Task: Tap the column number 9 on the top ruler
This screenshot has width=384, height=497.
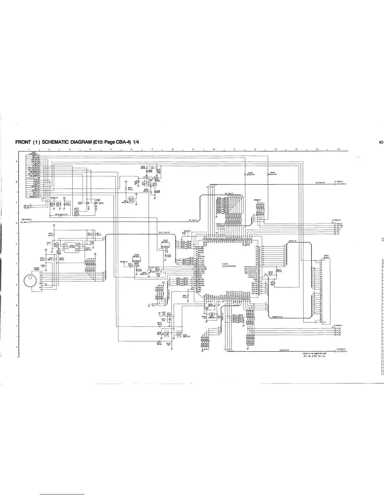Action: click(193, 149)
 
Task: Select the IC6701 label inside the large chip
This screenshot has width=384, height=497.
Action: click(225, 264)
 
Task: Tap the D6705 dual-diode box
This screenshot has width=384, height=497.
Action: click(179, 333)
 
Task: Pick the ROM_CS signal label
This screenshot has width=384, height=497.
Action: click(339, 223)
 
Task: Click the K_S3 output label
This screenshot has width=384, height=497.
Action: click(339, 335)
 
